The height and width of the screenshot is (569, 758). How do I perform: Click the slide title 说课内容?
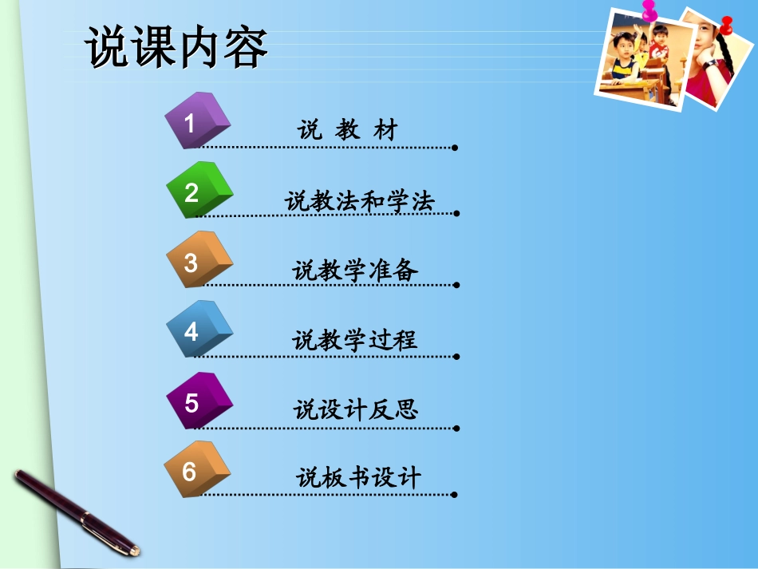pos(177,49)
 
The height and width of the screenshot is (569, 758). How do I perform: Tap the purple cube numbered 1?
pos(196,121)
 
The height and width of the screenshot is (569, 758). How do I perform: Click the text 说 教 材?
pos(347,130)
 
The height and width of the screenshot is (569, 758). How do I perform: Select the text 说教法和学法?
pos(360,201)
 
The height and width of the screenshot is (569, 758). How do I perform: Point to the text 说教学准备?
pos(356,271)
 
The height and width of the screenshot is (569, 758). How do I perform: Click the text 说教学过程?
pos(355,341)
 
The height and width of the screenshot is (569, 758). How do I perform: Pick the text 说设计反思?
pos(356,410)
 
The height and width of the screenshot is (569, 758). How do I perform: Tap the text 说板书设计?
pos(358,478)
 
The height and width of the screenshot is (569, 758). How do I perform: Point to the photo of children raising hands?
pos(642,60)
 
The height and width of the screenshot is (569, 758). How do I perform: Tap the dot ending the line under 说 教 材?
pos(454,148)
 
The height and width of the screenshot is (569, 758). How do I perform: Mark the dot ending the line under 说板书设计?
pos(454,494)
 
